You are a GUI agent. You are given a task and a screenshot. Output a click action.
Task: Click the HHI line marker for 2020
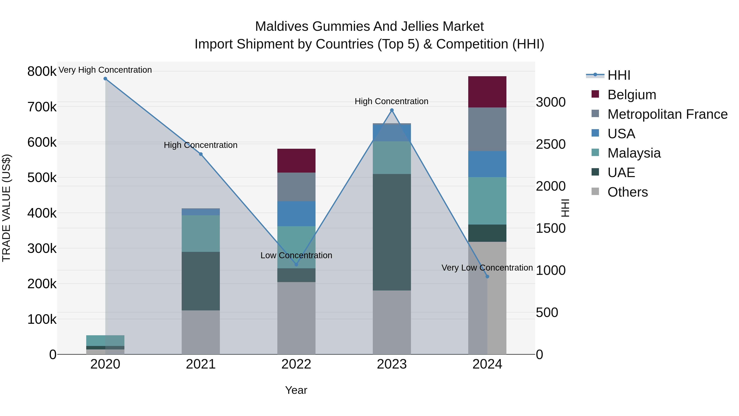[x=105, y=79]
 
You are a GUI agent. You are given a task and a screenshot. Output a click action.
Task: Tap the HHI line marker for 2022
[x=296, y=264]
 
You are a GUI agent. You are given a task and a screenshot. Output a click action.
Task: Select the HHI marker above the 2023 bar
[x=392, y=110]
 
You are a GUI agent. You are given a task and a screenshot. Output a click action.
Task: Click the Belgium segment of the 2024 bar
[x=487, y=92]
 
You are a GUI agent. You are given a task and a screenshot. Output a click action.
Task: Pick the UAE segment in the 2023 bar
[x=392, y=232]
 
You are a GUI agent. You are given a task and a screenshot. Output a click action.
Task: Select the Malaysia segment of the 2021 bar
[x=201, y=233]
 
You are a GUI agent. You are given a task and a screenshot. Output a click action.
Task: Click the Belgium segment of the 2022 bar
[x=296, y=160]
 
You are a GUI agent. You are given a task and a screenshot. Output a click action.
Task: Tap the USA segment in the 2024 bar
[x=487, y=164]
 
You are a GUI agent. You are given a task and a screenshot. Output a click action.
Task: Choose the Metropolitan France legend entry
[x=667, y=114]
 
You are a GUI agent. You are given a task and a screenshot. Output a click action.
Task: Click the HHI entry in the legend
[x=619, y=75]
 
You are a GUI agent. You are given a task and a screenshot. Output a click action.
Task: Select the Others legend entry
[x=627, y=192]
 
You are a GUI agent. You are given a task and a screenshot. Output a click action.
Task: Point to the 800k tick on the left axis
[x=42, y=71]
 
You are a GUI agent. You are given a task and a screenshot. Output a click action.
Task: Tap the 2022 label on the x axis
[x=296, y=364]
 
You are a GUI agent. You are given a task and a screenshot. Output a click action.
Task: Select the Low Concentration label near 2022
[x=296, y=255]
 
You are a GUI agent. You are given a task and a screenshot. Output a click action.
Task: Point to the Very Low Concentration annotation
[x=487, y=267]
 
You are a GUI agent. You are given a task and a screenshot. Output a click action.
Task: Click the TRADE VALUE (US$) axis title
[x=7, y=208]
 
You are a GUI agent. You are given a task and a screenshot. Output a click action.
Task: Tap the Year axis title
[x=296, y=390]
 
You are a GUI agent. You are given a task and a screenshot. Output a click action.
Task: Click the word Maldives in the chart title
[x=282, y=27]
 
